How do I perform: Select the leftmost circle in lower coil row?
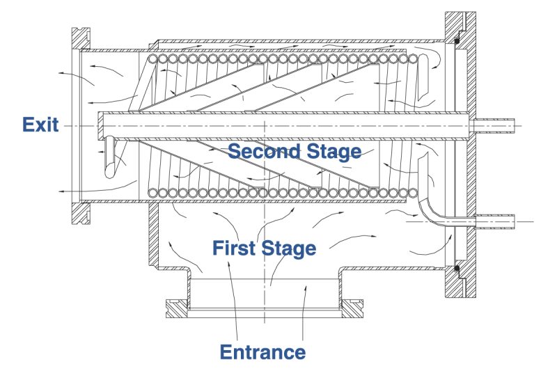tap(152, 193)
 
